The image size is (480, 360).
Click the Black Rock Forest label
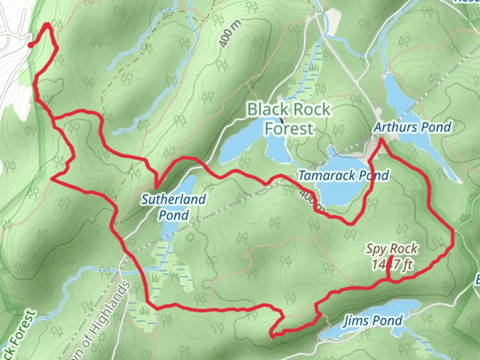click(289, 119)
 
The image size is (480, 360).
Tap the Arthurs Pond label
click(413, 127)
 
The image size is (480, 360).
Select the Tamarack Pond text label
click(344, 175)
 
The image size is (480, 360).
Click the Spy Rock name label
click(392, 249)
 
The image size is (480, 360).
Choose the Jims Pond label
click(373, 320)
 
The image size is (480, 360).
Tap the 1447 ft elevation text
click(392, 265)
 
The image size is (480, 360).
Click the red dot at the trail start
click(30, 45)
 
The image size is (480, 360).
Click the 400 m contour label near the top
click(230, 33)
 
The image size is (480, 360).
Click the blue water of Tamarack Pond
click(337, 193)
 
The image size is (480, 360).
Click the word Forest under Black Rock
click(289, 128)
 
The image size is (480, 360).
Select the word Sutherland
click(173, 200)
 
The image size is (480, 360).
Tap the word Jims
click(356, 320)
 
